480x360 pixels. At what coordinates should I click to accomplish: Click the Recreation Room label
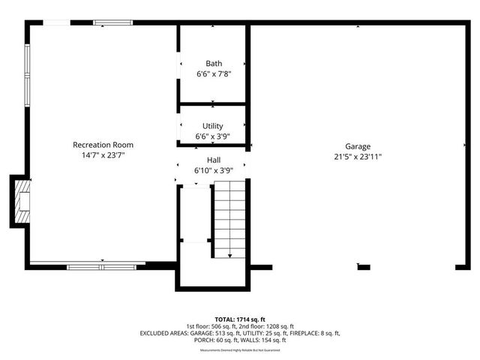(103, 144)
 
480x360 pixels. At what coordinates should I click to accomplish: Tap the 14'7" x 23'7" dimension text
(103, 156)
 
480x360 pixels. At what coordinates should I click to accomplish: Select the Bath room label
(213, 64)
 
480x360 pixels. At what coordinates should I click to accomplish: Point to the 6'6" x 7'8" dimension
(213, 75)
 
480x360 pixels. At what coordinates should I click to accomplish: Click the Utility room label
(213, 126)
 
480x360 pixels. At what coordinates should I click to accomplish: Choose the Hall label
(213, 160)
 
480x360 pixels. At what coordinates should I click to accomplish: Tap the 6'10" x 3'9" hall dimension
(213, 170)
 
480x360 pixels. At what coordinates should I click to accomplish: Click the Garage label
(358, 146)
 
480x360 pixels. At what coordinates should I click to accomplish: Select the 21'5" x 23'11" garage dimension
(358, 157)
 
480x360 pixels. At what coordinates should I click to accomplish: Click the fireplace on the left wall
(21, 201)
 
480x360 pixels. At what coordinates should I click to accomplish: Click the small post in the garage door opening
(364, 266)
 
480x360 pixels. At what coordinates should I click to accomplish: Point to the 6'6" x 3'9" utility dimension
(213, 136)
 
